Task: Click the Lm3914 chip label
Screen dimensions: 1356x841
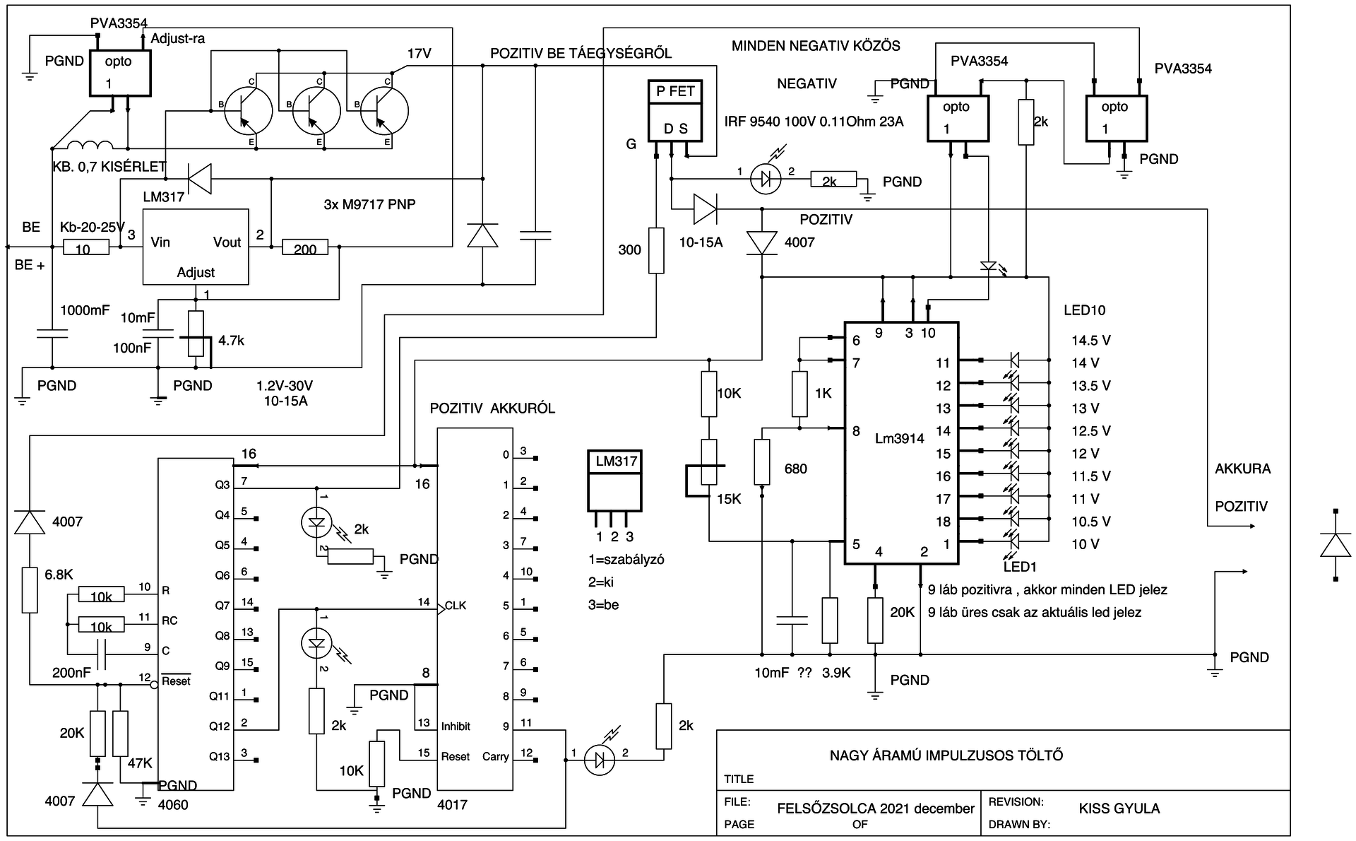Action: coord(899,438)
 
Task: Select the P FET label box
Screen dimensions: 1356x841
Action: coord(675,91)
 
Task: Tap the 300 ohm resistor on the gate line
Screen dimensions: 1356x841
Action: coord(656,249)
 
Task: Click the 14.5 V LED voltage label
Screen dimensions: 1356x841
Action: coord(1090,340)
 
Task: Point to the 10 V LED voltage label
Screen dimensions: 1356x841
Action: coord(1086,543)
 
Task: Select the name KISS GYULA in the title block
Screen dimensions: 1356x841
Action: coord(1119,808)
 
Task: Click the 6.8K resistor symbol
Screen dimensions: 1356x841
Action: coord(29,589)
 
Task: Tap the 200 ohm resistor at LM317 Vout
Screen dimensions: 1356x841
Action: coord(305,247)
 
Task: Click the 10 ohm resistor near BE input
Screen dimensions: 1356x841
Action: coord(86,247)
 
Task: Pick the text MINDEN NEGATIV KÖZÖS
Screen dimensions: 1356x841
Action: coord(816,47)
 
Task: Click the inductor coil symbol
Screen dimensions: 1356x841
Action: coord(90,146)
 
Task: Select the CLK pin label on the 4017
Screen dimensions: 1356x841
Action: coord(456,606)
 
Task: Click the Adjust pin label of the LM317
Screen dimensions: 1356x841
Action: coord(196,272)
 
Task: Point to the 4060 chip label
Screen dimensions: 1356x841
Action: coord(173,804)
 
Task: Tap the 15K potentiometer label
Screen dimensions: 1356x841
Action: coord(729,499)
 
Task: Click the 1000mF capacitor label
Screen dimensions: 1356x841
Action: coord(85,310)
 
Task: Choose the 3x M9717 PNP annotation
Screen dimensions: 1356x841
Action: coord(369,204)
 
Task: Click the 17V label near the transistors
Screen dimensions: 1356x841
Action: coord(419,54)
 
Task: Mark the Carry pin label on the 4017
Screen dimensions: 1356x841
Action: coord(496,756)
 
